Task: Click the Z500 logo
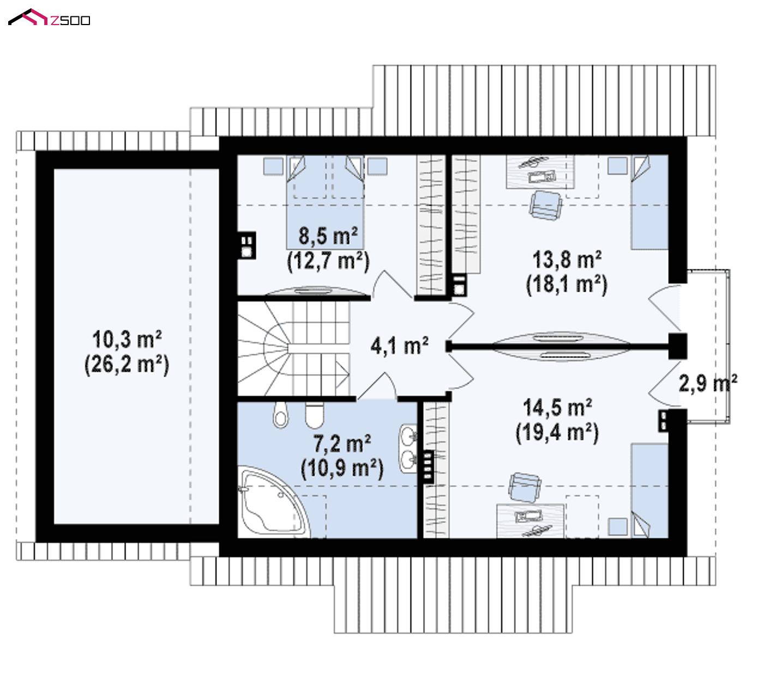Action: point(49,17)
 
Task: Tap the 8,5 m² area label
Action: point(328,236)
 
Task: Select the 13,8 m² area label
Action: point(567,260)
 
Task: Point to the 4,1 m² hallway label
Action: point(399,346)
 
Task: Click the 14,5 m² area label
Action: point(557,407)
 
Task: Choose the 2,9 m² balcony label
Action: point(708,383)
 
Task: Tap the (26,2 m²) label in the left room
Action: point(127,365)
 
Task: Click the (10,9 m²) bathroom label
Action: point(342,468)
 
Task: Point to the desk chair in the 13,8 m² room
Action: point(546,205)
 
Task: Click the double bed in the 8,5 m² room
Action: point(326,202)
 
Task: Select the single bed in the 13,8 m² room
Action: point(649,202)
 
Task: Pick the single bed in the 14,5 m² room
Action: point(649,491)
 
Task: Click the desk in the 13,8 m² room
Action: point(540,172)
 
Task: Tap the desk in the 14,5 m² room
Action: point(530,521)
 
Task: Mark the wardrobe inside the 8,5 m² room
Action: point(431,225)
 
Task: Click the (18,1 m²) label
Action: point(567,285)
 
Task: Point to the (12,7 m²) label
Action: point(328,261)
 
